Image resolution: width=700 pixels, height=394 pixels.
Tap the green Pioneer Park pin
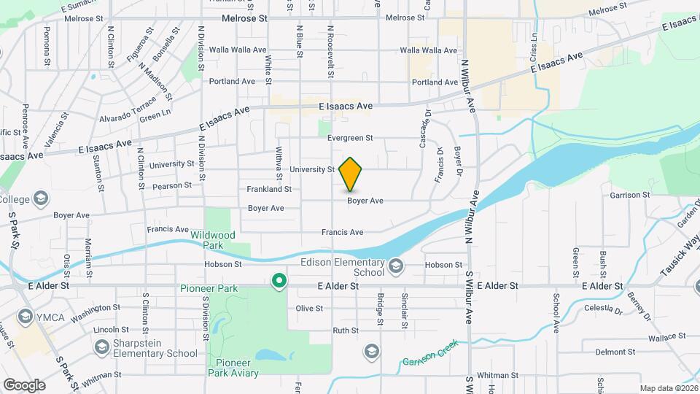[x=279, y=281]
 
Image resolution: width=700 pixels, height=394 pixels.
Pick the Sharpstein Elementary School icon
[x=101, y=346]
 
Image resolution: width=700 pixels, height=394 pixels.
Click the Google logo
[x=23, y=385]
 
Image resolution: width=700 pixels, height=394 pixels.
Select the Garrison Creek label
[x=429, y=352]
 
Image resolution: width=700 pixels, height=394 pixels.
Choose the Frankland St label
[x=269, y=189]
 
